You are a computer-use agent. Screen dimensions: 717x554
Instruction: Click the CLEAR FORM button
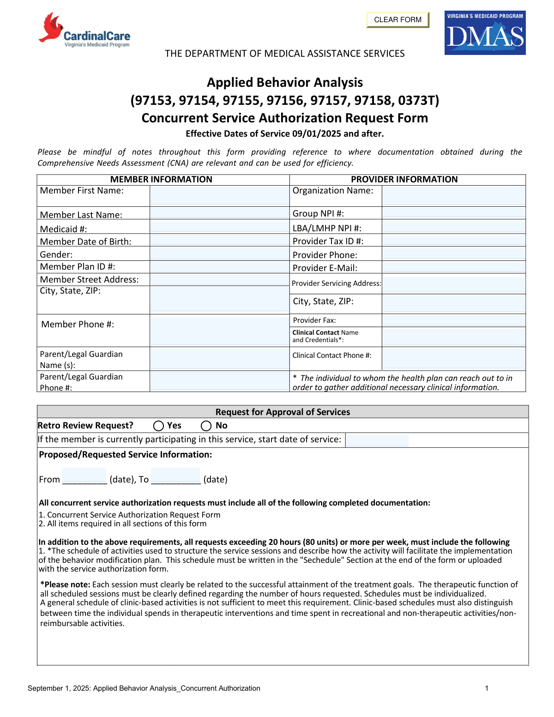click(x=397, y=20)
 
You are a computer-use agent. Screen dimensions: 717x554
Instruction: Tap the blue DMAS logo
click(x=485, y=33)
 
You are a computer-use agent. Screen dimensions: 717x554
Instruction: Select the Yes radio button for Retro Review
click(x=159, y=426)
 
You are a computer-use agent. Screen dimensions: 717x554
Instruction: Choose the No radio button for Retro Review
click(x=206, y=426)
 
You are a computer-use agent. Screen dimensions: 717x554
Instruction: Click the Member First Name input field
click(x=219, y=196)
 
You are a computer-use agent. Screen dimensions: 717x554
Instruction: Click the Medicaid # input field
click(x=219, y=227)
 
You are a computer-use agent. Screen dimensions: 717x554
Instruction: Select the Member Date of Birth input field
click(x=219, y=240)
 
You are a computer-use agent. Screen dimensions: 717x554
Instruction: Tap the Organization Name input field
click(x=453, y=196)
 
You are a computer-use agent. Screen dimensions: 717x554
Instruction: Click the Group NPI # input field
click(x=453, y=213)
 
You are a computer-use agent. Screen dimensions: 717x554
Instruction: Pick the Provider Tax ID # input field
click(x=453, y=240)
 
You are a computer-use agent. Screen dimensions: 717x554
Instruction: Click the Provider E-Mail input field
click(x=453, y=267)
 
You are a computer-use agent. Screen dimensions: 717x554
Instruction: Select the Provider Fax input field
click(x=453, y=320)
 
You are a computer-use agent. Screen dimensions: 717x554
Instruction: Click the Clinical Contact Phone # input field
click(x=453, y=358)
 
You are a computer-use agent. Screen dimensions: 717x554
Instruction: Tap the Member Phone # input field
click(x=219, y=330)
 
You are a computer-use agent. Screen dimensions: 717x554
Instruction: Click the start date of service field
click(x=377, y=440)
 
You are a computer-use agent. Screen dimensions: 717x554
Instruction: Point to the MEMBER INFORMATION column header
click(x=161, y=180)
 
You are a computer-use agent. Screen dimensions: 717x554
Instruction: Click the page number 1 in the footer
click(x=487, y=688)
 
